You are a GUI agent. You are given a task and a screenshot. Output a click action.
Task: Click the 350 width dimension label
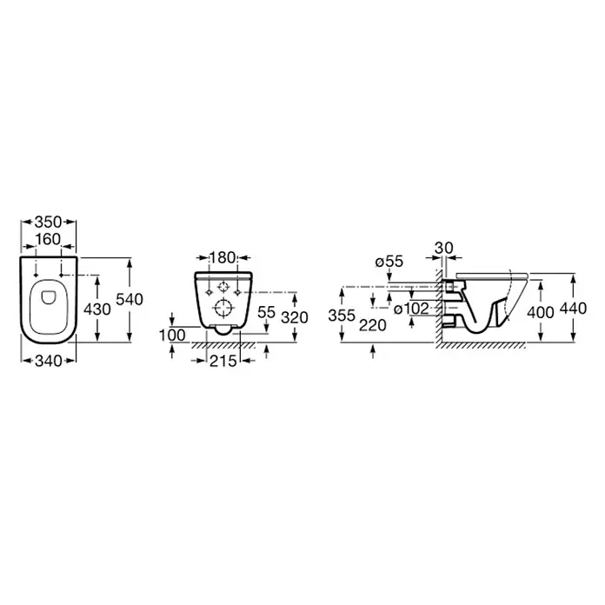[48, 222]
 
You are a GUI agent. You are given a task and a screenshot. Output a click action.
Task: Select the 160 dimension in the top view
[48, 240]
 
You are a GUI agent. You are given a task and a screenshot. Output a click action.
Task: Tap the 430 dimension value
[96, 309]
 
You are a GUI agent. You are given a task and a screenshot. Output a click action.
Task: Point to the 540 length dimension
[130, 299]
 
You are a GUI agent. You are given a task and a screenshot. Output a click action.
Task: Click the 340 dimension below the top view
[48, 361]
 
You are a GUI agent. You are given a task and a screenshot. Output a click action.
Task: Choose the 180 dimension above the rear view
[223, 257]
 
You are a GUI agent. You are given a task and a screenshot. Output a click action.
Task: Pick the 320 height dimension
[295, 317]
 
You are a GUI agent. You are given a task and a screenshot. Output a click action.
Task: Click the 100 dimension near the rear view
[172, 336]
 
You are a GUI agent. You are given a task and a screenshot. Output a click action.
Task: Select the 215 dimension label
[223, 361]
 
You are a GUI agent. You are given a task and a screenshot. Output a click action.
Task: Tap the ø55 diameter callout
[389, 262]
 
